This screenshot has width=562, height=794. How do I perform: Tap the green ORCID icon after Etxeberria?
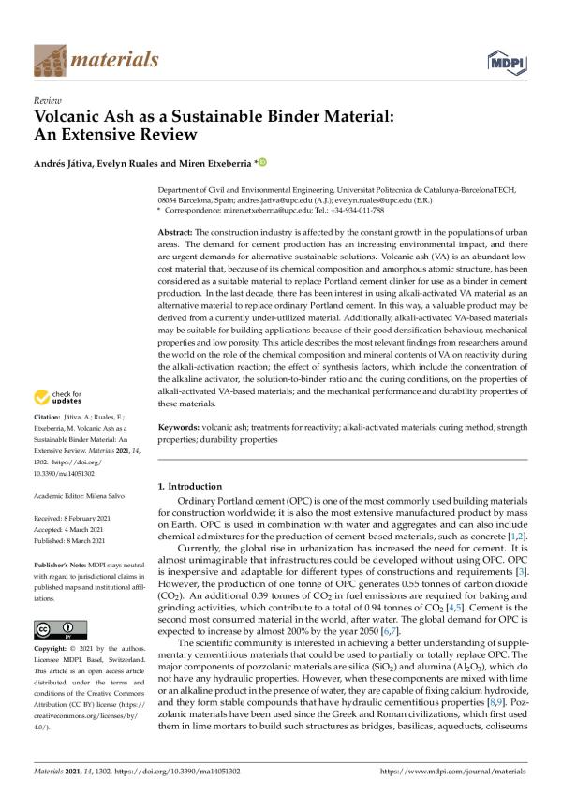click(x=262, y=163)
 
